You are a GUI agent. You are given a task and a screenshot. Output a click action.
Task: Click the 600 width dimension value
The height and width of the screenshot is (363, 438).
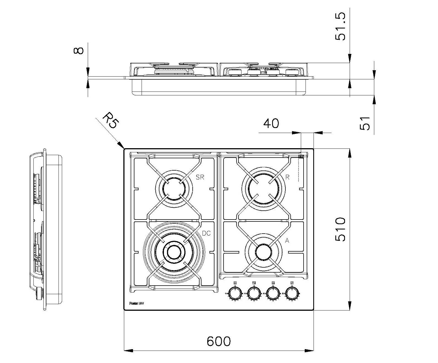point(218,341)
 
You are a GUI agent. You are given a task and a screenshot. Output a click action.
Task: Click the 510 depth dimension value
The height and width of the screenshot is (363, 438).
point(341,229)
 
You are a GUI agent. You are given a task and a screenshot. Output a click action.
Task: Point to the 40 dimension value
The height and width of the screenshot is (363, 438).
point(271,123)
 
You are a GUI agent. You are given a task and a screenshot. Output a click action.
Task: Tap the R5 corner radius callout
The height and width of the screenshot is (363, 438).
point(110,120)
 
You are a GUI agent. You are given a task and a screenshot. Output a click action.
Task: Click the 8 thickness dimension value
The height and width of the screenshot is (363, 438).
point(79,51)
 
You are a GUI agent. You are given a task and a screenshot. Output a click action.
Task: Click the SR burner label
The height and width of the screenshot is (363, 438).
point(200,177)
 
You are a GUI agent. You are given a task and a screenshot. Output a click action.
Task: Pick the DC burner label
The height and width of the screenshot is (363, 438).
point(206,233)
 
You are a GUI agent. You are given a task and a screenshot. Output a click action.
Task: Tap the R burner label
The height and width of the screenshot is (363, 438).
point(287,177)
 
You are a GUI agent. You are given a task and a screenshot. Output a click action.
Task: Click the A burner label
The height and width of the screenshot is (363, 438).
point(287,241)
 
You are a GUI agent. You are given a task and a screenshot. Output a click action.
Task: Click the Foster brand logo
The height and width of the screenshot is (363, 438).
point(137,304)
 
